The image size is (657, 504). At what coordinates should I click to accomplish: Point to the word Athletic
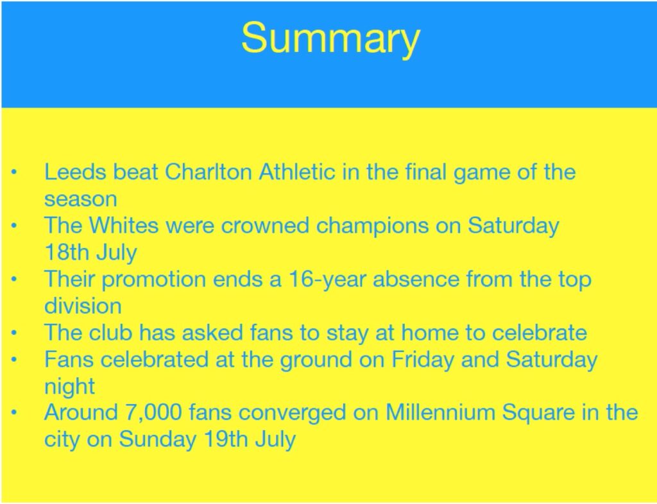click(x=297, y=172)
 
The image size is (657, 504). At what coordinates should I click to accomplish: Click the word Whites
click(x=124, y=226)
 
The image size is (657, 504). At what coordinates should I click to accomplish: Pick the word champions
click(x=373, y=226)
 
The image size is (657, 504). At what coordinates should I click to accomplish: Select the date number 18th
click(x=67, y=253)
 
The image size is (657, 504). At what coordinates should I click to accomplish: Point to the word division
click(x=83, y=306)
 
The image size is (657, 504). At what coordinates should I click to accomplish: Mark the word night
click(x=69, y=387)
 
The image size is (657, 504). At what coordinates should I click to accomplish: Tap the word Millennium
click(x=440, y=413)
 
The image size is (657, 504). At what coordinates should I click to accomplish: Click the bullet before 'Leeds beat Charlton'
click(x=14, y=172)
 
